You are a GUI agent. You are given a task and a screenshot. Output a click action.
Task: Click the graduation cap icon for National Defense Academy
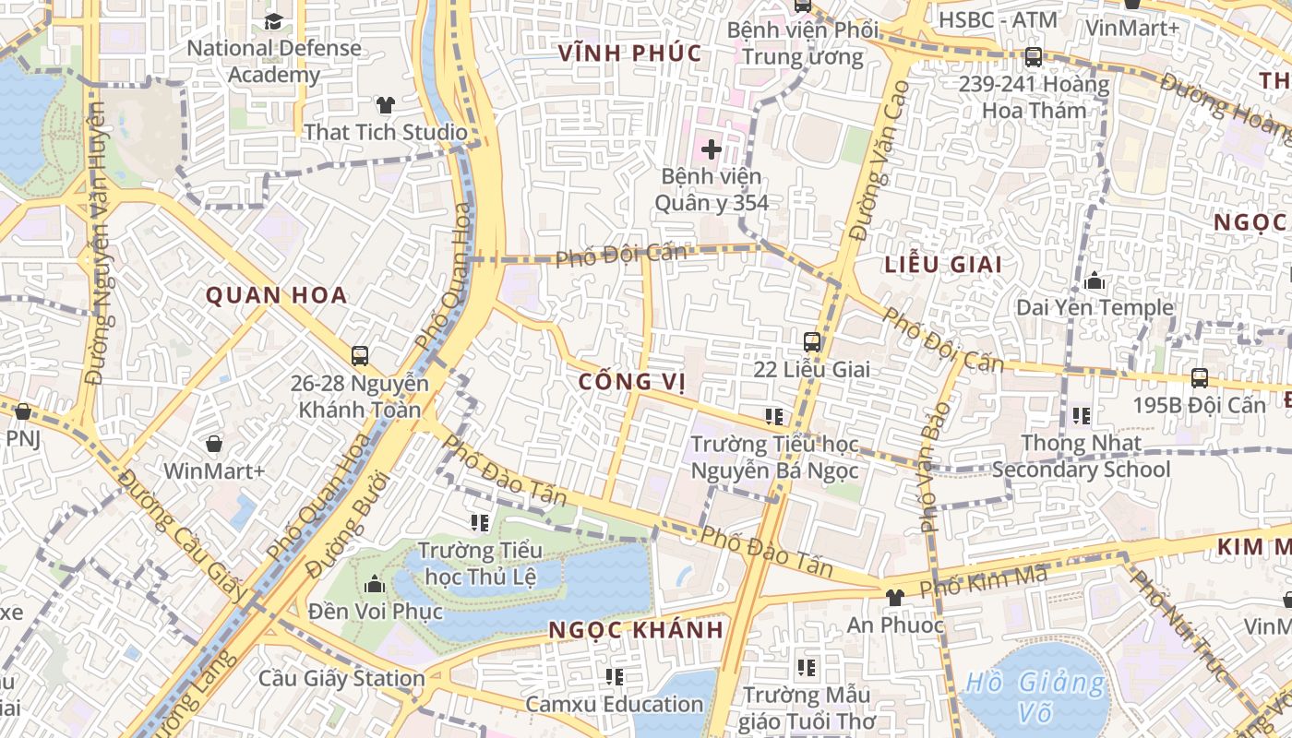click(x=273, y=21)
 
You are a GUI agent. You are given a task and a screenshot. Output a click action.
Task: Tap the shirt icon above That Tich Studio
click(x=385, y=105)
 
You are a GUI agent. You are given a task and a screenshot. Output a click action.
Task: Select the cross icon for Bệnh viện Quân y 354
click(x=711, y=149)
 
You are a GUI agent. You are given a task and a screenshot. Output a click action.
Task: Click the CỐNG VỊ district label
click(x=632, y=382)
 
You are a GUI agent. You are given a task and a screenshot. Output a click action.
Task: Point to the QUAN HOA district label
click(x=276, y=295)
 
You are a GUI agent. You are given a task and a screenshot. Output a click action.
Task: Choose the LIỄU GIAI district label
click(x=943, y=265)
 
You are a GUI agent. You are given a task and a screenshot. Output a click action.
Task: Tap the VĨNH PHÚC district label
click(x=630, y=54)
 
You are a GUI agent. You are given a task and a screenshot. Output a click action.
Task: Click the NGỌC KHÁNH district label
click(x=636, y=630)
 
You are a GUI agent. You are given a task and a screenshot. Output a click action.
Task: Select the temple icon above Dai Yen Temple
click(x=1095, y=280)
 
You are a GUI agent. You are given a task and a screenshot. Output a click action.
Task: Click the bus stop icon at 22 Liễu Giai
click(x=811, y=342)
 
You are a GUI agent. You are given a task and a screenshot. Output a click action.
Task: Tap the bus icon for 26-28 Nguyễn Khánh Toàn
click(x=360, y=355)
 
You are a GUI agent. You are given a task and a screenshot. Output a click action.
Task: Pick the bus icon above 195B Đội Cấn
click(x=1199, y=377)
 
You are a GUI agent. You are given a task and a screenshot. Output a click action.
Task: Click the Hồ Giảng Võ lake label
click(x=1034, y=696)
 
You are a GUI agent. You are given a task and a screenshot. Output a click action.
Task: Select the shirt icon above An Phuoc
click(x=893, y=598)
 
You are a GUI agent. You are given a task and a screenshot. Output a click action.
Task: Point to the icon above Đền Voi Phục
click(x=375, y=584)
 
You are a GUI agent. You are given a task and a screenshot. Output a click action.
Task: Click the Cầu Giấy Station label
click(x=341, y=679)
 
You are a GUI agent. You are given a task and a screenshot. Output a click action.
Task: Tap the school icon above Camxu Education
click(x=614, y=677)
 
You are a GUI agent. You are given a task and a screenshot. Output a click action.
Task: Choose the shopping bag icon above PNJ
click(x=23, y=411)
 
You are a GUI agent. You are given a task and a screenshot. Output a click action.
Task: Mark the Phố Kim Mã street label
click(x=984, y=580)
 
